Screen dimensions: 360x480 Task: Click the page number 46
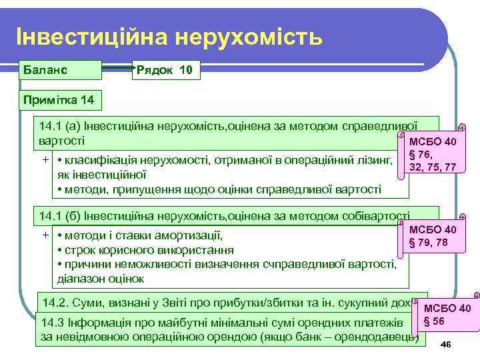click(447, 343)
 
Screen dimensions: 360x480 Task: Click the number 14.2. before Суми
click(57, 301)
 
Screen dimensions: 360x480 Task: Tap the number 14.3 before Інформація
click(55, 323)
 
